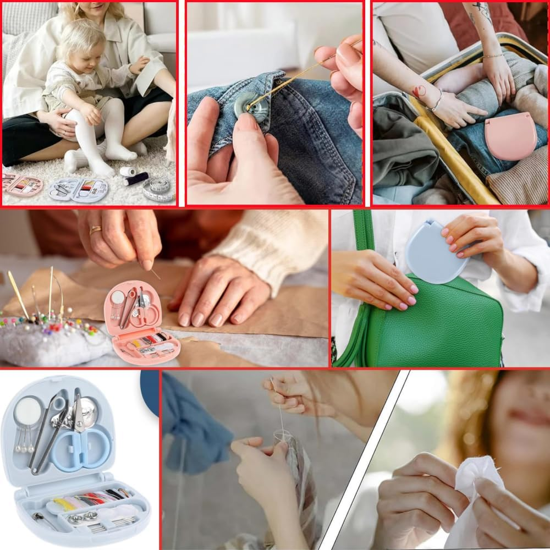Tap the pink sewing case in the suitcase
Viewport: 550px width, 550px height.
pyautogui.click(x=510, y=136)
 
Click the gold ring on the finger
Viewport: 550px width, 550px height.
pyautogui.click(x=95, y=230)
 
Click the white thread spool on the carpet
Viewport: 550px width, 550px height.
pyautogui.click(x=128, y=171)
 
